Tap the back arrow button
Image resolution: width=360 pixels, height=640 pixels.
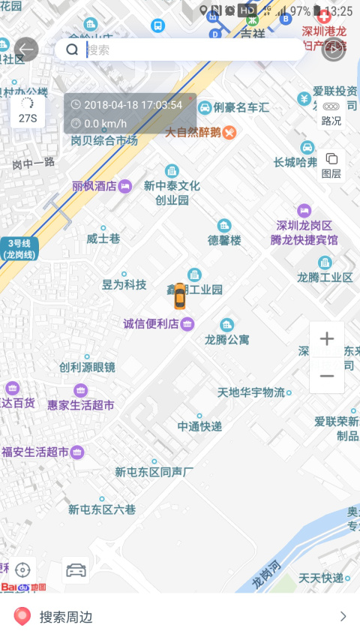point(26,50)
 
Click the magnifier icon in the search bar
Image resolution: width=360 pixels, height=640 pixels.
point(72,50)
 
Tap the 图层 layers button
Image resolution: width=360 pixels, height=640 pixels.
point(331,165)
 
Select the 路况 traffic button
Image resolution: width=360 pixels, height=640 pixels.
point(331,113)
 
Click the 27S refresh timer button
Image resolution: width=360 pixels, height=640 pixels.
point(28,111)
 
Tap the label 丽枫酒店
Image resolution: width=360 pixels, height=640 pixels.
point(94,186)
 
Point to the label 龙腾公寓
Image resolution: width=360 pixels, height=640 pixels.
point(227,339)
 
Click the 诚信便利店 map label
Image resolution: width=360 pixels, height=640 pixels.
point(151,324)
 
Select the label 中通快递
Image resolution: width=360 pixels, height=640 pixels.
point(199,426)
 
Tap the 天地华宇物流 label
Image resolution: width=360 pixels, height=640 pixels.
point(251,392)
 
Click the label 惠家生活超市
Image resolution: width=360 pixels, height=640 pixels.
point(81,404)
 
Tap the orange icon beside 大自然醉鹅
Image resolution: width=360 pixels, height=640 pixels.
point(229,133)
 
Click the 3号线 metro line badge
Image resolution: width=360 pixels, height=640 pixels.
point(19,248)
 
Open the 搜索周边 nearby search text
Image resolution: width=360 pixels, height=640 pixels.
point(66,617)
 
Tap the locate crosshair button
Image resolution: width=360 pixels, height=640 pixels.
point(22,569)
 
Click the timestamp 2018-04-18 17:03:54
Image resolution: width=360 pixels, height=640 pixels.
point(133,105)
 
